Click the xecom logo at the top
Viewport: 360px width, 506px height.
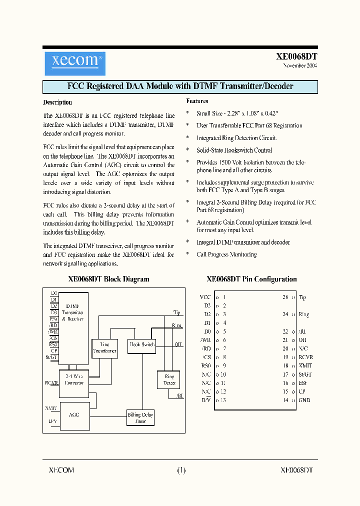(75, 63)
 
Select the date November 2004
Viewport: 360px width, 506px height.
(299, 65)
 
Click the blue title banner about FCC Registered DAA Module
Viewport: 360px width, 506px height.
(180, 86)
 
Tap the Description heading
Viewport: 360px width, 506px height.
(57, 102)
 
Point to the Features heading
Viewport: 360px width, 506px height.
(197, 101)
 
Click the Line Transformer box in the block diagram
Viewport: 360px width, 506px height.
(104, 347)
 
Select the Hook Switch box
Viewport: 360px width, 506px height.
(142, 345)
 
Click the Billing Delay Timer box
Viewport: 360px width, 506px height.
(140, 417)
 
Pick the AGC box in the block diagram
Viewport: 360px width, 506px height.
(74, 414)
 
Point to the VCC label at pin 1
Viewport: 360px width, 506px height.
(205, 297)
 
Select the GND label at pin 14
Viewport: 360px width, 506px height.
(304, 400)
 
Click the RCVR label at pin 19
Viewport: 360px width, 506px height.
(305, 357)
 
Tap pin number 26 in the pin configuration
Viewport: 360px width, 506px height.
(285, 297)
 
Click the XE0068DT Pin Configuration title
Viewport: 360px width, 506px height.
(251, 279)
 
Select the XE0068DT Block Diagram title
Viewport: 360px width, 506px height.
(108, 279)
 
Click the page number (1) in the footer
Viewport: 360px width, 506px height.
(181, 470)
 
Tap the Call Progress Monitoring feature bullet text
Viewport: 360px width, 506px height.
(226, 254)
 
